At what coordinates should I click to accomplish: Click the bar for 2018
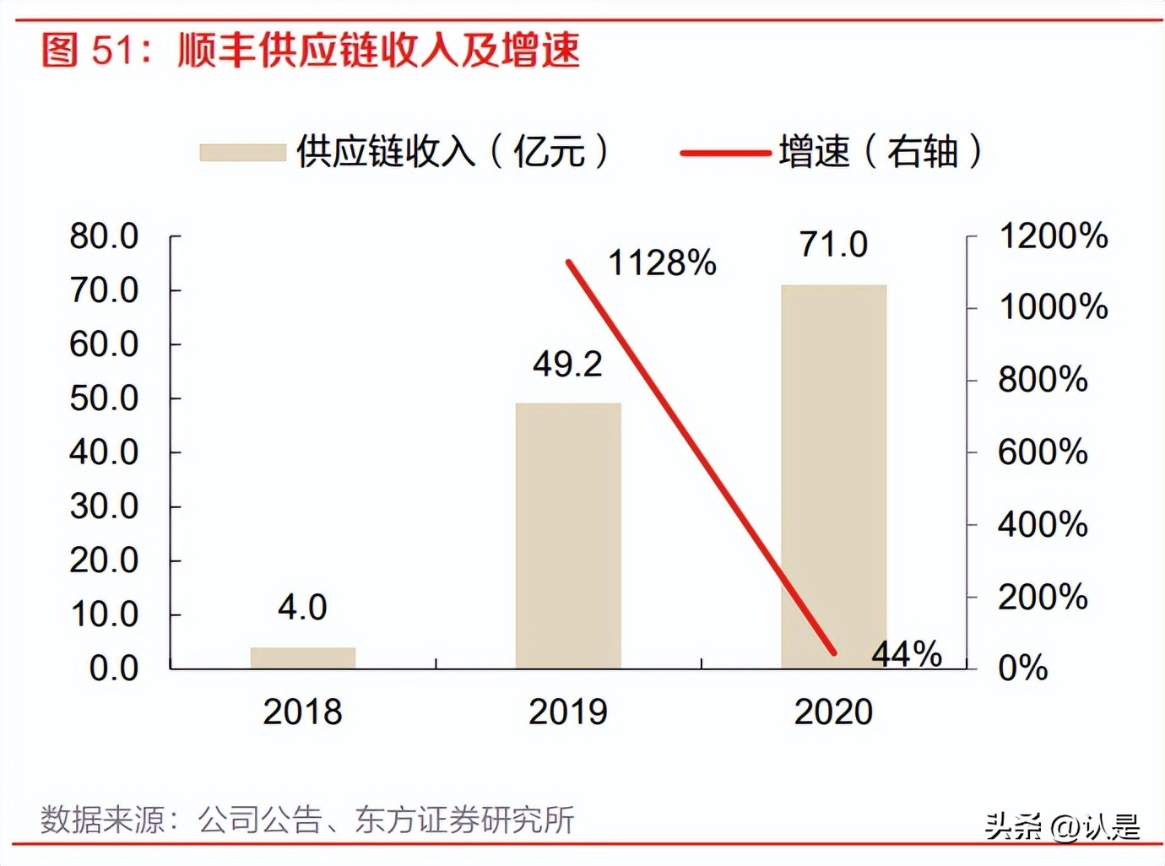[x=303, y=658]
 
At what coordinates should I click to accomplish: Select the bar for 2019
[x=568, y=536]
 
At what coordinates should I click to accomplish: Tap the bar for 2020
[x=833, y=477]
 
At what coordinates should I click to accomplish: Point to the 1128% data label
[x=662, y=263]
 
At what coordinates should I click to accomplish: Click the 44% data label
[x=907, y=653]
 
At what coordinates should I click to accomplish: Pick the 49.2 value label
[x=567, y=364]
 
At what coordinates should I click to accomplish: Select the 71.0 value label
[x=833, y=244]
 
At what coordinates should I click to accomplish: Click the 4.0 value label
[x=302, y=607]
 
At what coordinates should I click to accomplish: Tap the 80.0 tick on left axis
[x=104, y=235]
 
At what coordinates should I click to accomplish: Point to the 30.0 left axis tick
[x=104, y=506]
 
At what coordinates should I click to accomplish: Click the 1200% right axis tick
[x=1053, y=235]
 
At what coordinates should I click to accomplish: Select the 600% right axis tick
[x=1043, y=452]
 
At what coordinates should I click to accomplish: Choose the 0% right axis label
[x=1022, y=668]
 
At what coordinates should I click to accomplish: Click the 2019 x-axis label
[x=567, y=712]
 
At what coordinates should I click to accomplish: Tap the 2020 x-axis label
[x=833, y=712]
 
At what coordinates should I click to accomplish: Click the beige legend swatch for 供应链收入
[x=243, y=153]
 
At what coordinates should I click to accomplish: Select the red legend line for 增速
[x=725, y=153]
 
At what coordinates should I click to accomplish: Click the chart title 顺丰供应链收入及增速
[x=378, y=50]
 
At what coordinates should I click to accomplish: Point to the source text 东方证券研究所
[x=464, y=820]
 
